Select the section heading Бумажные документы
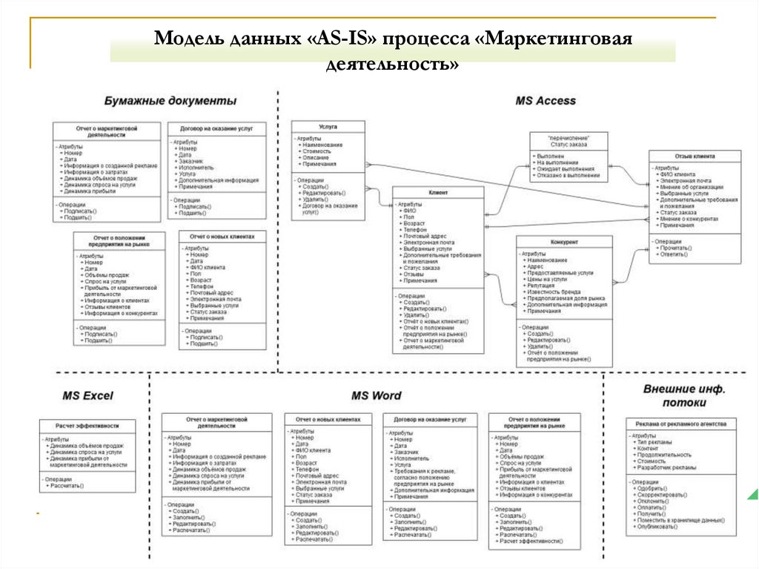point(170,100)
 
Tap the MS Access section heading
point(545,100)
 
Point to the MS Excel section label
point(87,395)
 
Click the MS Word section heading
point(376,395)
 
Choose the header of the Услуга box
point(328,127)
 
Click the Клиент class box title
point(438,193)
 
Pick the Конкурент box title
point(564,243)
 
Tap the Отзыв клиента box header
point(695,157)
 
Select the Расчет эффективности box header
point(87,426)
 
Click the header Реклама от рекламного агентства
point(681,424)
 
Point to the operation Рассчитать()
point(67,486)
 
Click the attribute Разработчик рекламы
point(666,467)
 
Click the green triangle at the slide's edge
point(752,493)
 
